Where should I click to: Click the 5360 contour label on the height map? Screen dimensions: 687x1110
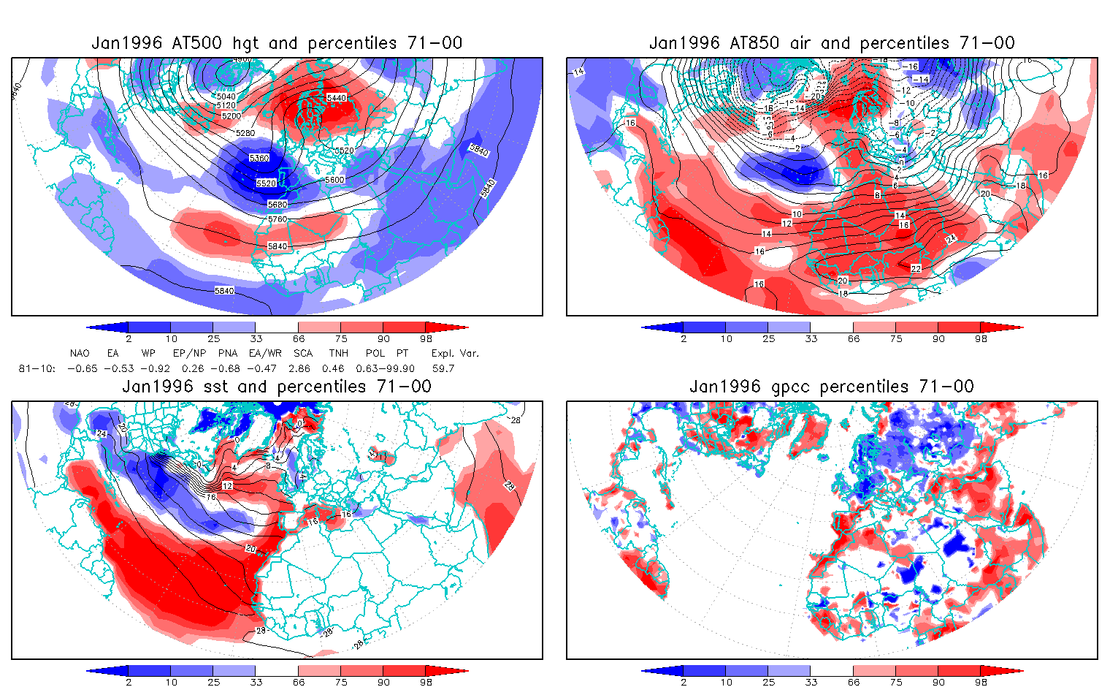pos(259,158)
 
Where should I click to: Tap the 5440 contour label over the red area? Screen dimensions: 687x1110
pos(337,98)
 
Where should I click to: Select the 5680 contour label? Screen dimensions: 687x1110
pos(277,205)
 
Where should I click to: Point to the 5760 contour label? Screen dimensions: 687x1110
pos(277,219)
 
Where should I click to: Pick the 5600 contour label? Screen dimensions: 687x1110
pos(335,180)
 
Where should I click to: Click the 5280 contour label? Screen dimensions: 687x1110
pos(245,133)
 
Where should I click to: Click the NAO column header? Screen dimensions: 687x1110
pos(80,353)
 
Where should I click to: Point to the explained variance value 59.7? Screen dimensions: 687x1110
pos(443,368)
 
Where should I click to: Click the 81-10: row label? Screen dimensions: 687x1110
pos(37,368)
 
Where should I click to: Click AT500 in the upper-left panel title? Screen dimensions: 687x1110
pos(196,43)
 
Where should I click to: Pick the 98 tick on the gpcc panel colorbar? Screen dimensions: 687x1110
pos(981,682)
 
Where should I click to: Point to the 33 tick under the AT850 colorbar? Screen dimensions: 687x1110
pos(811,338)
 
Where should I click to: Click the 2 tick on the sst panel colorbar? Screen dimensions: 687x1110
pos(129,682)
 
